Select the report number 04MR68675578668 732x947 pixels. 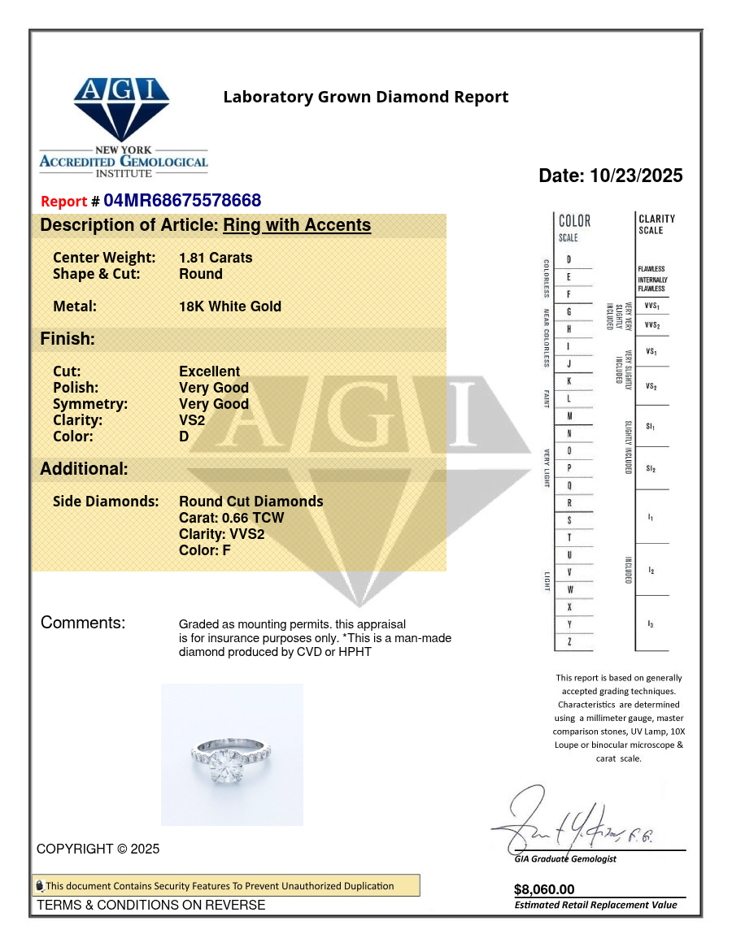coord(182,201)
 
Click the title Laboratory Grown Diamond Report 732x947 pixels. coord(366,98)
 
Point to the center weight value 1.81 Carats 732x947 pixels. coord(216,258)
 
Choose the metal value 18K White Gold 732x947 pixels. coord(230,306)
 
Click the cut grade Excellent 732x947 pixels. coord(209,371)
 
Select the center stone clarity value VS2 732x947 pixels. coord(192,420)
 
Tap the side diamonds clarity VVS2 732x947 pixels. coord(221,534)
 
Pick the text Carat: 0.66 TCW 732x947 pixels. coord(232,518)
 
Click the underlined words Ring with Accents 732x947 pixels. coord(297,225)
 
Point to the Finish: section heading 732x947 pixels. coord(68,339)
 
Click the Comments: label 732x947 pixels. coord(83,623)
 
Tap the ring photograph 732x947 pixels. coord(232,754)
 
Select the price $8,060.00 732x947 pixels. coord(544,889)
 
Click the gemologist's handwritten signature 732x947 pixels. coord(569,821)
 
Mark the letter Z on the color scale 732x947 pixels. coord(569,642)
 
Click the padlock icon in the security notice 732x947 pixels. coord(39,886)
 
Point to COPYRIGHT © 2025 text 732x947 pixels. coord(98,849)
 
